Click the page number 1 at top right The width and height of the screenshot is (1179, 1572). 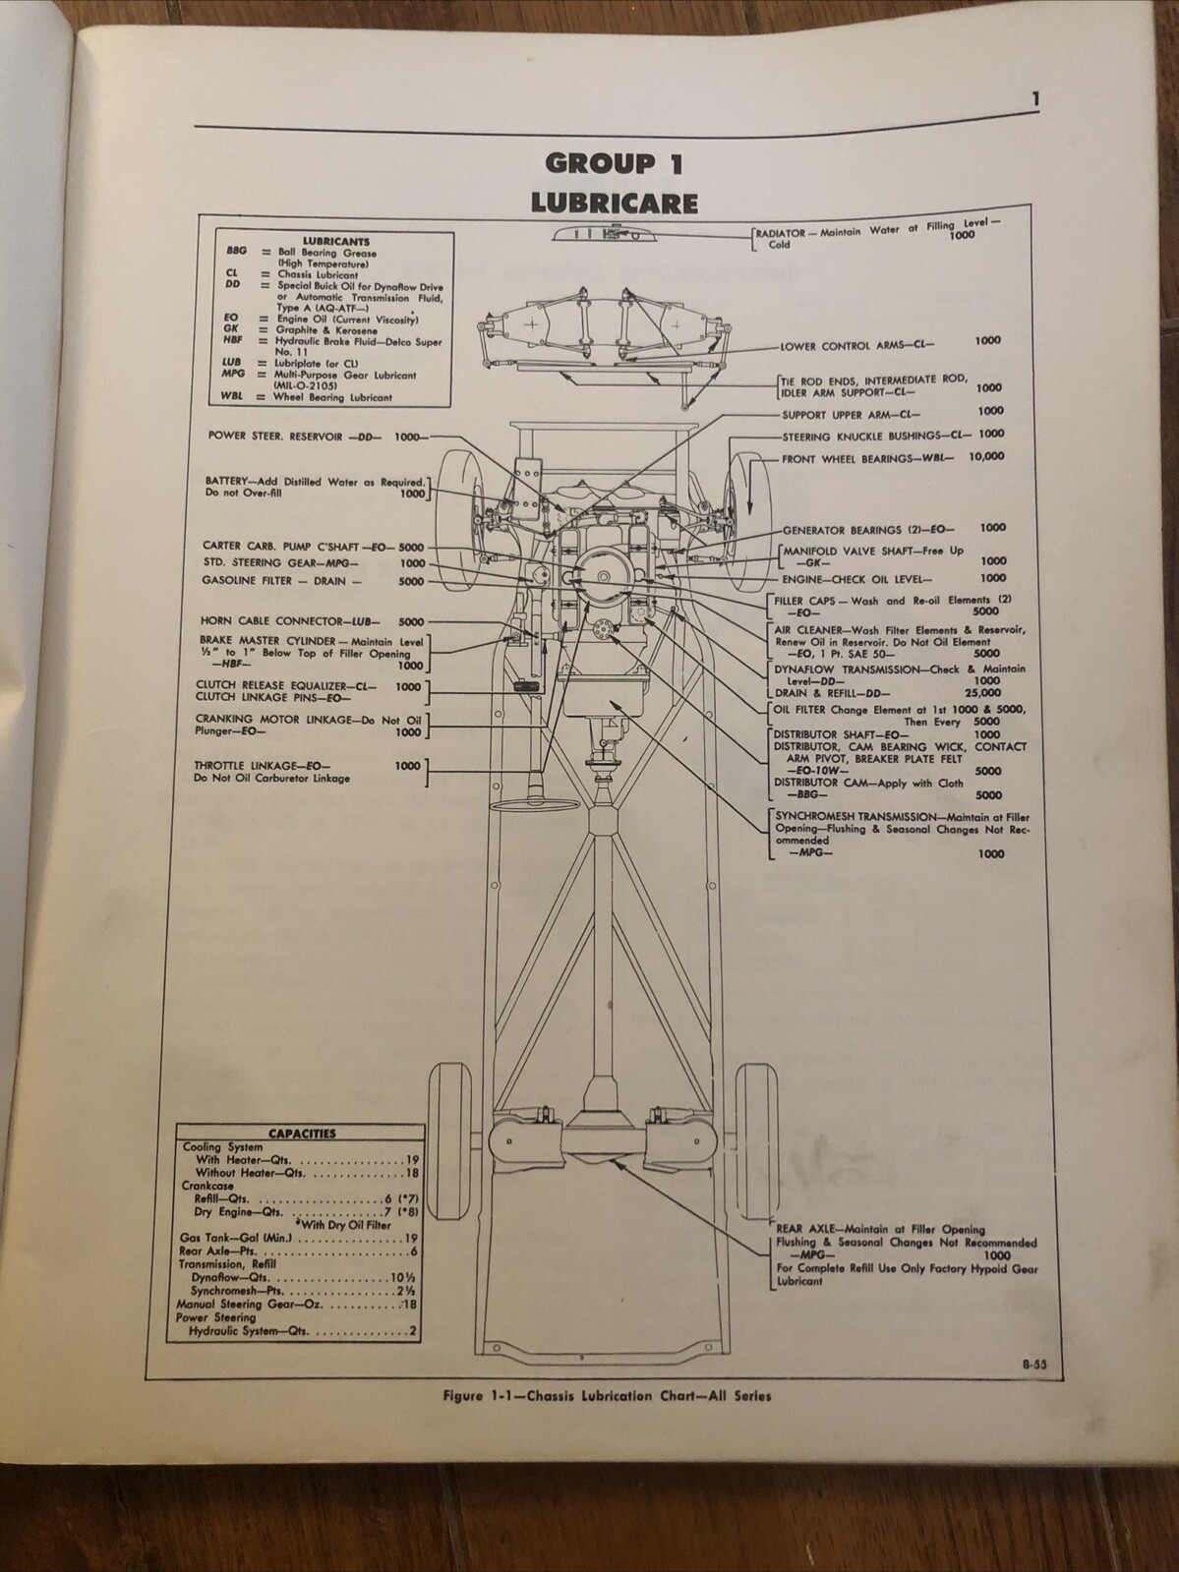[1036, 98]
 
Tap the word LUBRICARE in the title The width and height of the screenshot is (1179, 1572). [614, 203]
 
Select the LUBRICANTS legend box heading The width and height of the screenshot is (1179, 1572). [336, 241]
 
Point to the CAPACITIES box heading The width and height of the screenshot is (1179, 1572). [302, 1133]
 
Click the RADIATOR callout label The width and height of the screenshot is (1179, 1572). [782, 233]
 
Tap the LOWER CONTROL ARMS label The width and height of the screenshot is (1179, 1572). [856, 346]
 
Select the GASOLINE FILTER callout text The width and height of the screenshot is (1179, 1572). [280, 581]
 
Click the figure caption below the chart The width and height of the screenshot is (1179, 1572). [607, 1395]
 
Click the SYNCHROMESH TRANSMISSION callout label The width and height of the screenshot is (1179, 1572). [853, 816]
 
